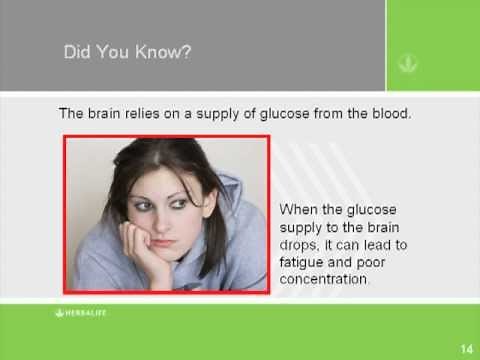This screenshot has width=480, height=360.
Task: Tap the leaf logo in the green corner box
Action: [x=408, y=63]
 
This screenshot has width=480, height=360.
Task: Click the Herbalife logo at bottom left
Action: [x=82, y=313]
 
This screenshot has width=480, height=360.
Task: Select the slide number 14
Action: [x=465, y=348]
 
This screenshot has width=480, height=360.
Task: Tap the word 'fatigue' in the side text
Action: [x=303, y=263]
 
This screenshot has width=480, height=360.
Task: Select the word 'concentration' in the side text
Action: [x=325, y=280]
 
